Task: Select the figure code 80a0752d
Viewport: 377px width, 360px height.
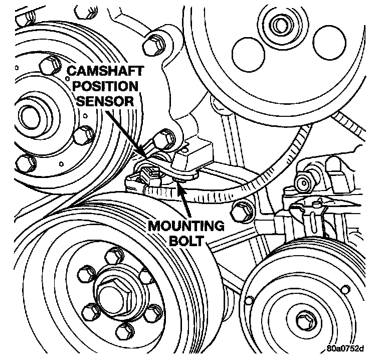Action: pyautogui.click(x=346, y=349)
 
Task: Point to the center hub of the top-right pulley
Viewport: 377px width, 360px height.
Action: pyautogui.click(x=277, y=23)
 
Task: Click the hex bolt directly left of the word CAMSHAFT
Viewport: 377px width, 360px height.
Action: pyautogui.click(x=48, y=67)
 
